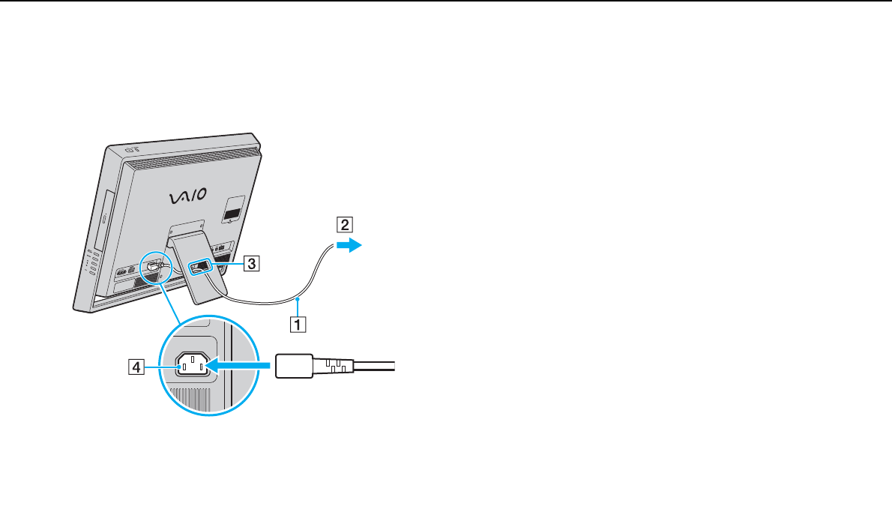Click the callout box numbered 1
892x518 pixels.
point(298,325)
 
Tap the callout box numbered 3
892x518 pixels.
point(253,263)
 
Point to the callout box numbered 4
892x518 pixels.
point(136,367)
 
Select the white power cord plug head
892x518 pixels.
point(295,367)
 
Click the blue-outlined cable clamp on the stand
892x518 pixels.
point(201,265)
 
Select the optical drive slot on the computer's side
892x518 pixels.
point(103,218)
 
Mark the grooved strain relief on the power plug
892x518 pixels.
point(333,367)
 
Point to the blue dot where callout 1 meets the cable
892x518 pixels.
point(298,299)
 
